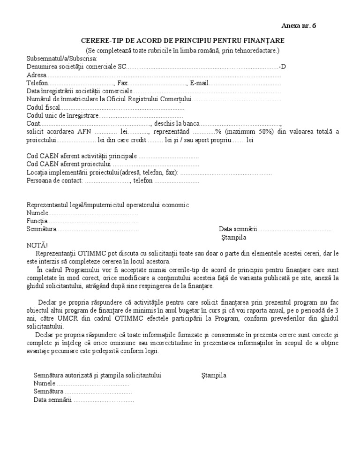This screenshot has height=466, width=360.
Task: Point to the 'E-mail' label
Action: [x=199, y=83]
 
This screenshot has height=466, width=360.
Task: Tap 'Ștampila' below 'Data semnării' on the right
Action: [x=234, y=238]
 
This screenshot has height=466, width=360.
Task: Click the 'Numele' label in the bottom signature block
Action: [x=45, y=383]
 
